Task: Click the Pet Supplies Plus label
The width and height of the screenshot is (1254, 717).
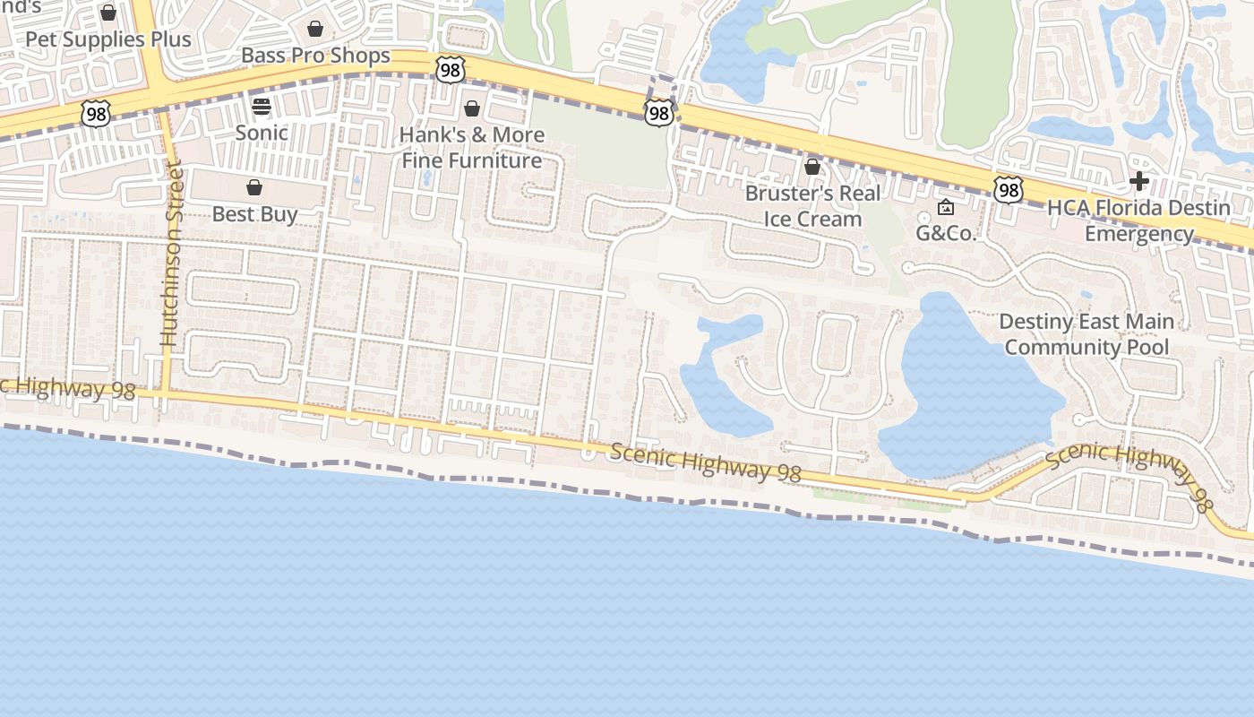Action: (x=108, y=39)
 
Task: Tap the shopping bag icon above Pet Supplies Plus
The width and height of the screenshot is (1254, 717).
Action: (x=108, y=13)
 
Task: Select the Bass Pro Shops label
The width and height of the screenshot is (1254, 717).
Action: (x=315, y=56)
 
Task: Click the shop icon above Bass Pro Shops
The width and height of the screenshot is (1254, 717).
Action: (x=315, y=29)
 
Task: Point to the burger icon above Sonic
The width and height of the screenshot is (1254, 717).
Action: (x=262, y=107)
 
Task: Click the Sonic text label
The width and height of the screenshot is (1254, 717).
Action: (x=262, y=133)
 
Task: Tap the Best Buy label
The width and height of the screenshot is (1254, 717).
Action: (x=254, y=214)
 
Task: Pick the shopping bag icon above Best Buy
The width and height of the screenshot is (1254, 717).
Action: (x=254, y=187)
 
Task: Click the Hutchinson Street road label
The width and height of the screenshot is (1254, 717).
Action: (x=171, y=253)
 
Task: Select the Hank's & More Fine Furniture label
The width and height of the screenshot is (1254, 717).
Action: (x=472, y=148)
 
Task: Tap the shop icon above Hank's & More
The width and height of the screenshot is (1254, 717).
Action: (x=472, y=108)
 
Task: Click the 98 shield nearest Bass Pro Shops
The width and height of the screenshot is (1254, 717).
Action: (x=451, y=68)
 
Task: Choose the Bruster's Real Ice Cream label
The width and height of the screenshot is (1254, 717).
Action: (x=812, y=206)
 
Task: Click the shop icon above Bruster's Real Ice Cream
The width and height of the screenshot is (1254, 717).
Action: (x=812, y=167)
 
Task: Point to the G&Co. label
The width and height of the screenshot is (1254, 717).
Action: (x=945, y=234)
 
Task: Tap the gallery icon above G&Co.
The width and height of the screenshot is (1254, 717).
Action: (x=945, y=208)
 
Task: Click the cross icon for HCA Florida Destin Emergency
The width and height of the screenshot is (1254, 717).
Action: (x=1139, y=181)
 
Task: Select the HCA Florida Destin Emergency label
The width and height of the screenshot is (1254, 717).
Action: (x=1139, y=221)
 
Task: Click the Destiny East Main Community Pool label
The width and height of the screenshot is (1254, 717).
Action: (x=1087, y=334)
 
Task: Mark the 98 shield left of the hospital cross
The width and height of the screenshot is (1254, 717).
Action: (x=1008, y=189)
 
